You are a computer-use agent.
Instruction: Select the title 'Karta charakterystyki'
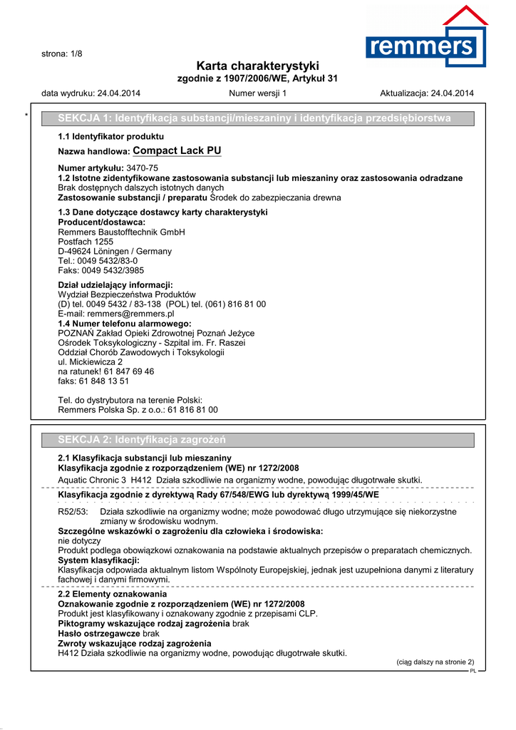tap(257, 66)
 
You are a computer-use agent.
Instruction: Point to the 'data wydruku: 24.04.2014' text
tap(91, 93)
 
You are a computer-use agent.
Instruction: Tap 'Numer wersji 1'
tap(257, 93)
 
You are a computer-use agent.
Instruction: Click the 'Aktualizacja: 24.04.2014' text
tap(427, 93)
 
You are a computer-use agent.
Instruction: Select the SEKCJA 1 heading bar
tap(257, 118)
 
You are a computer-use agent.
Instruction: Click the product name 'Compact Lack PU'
tap(177, 150)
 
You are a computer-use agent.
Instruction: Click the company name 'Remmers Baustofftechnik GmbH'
tap(121, 232)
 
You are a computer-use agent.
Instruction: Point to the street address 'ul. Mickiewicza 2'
tap(90, 362)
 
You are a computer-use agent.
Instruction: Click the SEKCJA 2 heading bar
tap(257, 439)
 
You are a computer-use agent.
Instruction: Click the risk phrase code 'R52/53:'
tap(72, 512)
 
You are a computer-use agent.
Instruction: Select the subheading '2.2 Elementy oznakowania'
tap(112, 594)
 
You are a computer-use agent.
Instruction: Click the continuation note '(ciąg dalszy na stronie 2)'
tap(435, 662)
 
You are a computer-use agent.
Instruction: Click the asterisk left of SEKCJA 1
tap(26, 115)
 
